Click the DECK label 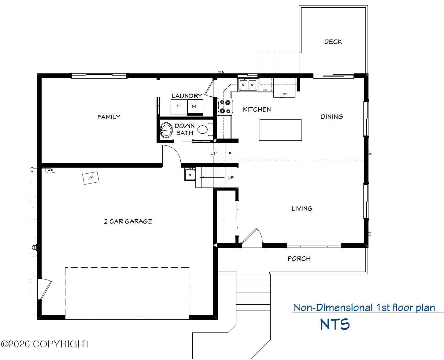333,42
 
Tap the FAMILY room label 109,117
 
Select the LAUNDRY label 187,96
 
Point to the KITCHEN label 257,109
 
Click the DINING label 332,117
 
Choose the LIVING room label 302,209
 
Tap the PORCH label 299,259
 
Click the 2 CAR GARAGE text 128,221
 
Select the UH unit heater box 91,178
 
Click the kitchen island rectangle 280,130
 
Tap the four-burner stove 225,106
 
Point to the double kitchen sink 248,85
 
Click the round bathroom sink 166,130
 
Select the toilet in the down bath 205,129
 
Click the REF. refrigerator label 285,94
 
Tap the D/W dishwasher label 265,90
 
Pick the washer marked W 195,107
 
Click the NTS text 335,324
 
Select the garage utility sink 190,174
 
